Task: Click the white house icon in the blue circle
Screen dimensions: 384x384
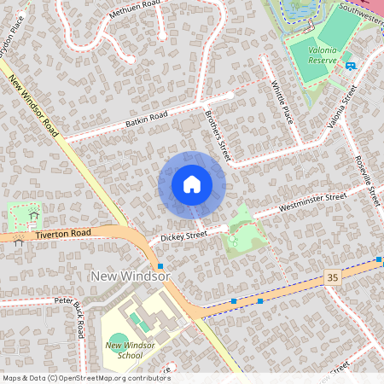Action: click(192, 184)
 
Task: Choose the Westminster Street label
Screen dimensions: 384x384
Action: click(312, 204)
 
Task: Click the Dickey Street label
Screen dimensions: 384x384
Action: click(184, 234)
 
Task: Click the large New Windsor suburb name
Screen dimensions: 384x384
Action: click(131, 277)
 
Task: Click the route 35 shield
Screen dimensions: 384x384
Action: click(332, 278)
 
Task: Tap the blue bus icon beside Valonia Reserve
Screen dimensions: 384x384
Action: click(351, 65)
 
